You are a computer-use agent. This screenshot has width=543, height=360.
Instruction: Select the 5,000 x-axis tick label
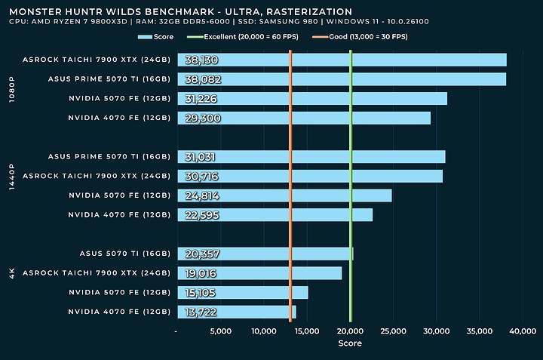220,331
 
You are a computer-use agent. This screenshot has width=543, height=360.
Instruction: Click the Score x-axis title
349,343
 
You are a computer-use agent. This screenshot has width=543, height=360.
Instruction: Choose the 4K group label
11,274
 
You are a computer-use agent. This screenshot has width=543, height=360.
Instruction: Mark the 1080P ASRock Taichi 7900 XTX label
97,60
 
